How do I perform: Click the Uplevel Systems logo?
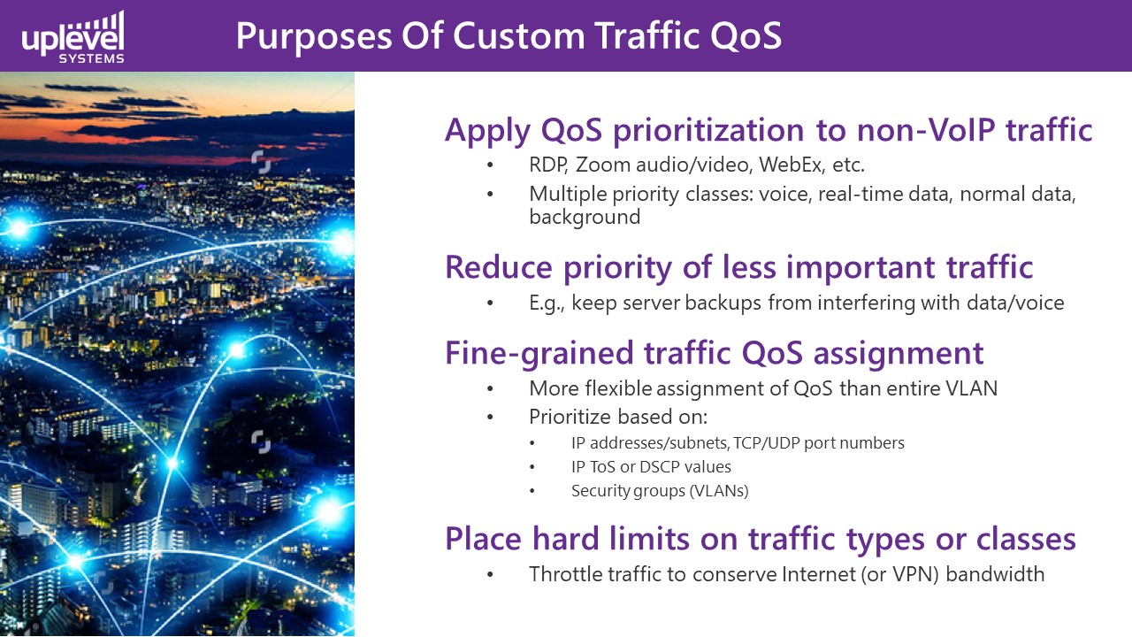(73, 37)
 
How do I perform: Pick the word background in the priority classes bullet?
(585, 217)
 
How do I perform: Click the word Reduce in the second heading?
(498, 267)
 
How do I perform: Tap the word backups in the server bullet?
(723, 303)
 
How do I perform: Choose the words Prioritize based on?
(618, 417)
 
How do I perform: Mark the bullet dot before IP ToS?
(532, 467)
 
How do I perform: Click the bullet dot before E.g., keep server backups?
(490, 303)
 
